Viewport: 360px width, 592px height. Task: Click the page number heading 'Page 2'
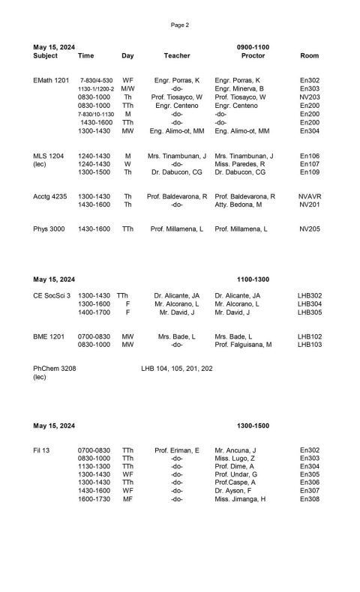(180, 25)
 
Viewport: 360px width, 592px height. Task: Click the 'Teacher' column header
(177, 56)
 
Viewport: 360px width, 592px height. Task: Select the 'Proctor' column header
(253, 56)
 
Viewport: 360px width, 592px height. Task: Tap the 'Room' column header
(309, 56)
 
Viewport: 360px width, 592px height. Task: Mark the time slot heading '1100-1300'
(253, 280)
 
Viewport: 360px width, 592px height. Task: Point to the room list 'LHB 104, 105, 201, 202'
(177, 369)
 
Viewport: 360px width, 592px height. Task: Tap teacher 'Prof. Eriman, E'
(177, 450)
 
